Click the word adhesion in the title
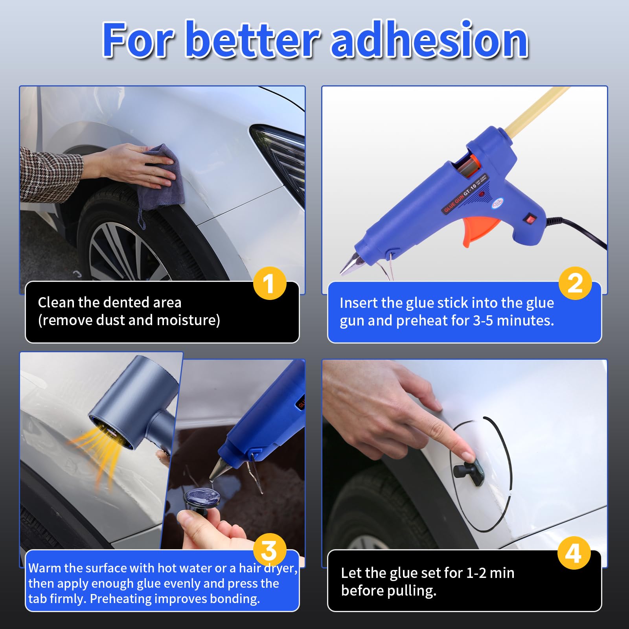(429, 40)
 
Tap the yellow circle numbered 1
(269, 283)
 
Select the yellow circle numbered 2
(575, 283)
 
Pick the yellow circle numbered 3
(270, 550)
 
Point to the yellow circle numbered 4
(574, 553)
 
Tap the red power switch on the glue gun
(531, 219)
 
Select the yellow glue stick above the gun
(535, 110)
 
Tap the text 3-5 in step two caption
(483, 321)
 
